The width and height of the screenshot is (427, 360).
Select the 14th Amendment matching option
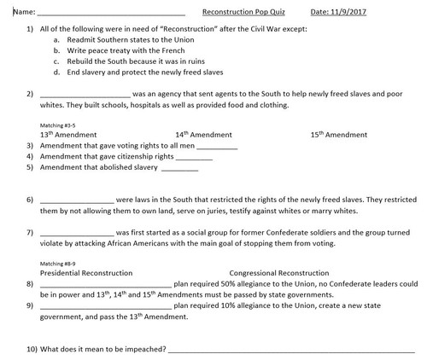204,135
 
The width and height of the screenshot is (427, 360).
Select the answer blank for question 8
106,283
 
